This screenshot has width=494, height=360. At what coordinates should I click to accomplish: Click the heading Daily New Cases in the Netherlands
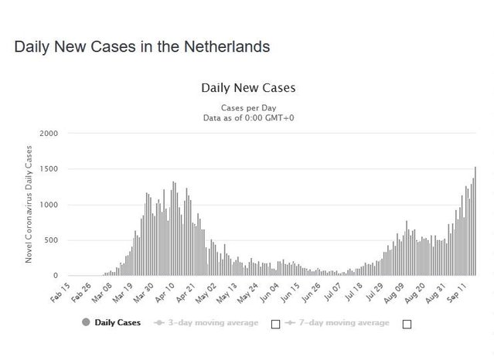(141, 46)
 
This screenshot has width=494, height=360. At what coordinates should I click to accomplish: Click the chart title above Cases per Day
(247, 87)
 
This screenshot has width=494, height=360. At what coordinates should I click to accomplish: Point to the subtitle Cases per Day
(247, 107)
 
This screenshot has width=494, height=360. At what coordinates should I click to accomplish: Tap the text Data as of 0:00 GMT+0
(247, 117)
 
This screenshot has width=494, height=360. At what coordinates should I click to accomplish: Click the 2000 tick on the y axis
(49, 134)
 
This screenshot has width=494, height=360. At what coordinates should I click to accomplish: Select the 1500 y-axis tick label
(49, 169)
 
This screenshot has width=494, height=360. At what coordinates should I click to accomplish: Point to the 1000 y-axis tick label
(49, 205)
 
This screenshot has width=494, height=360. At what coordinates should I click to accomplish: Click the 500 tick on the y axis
(51, 240)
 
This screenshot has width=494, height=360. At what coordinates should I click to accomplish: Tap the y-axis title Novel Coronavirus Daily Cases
(29, 205)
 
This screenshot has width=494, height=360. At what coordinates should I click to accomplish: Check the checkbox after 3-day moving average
(275, 324)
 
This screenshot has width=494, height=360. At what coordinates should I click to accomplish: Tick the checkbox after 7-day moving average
(407, 324)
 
